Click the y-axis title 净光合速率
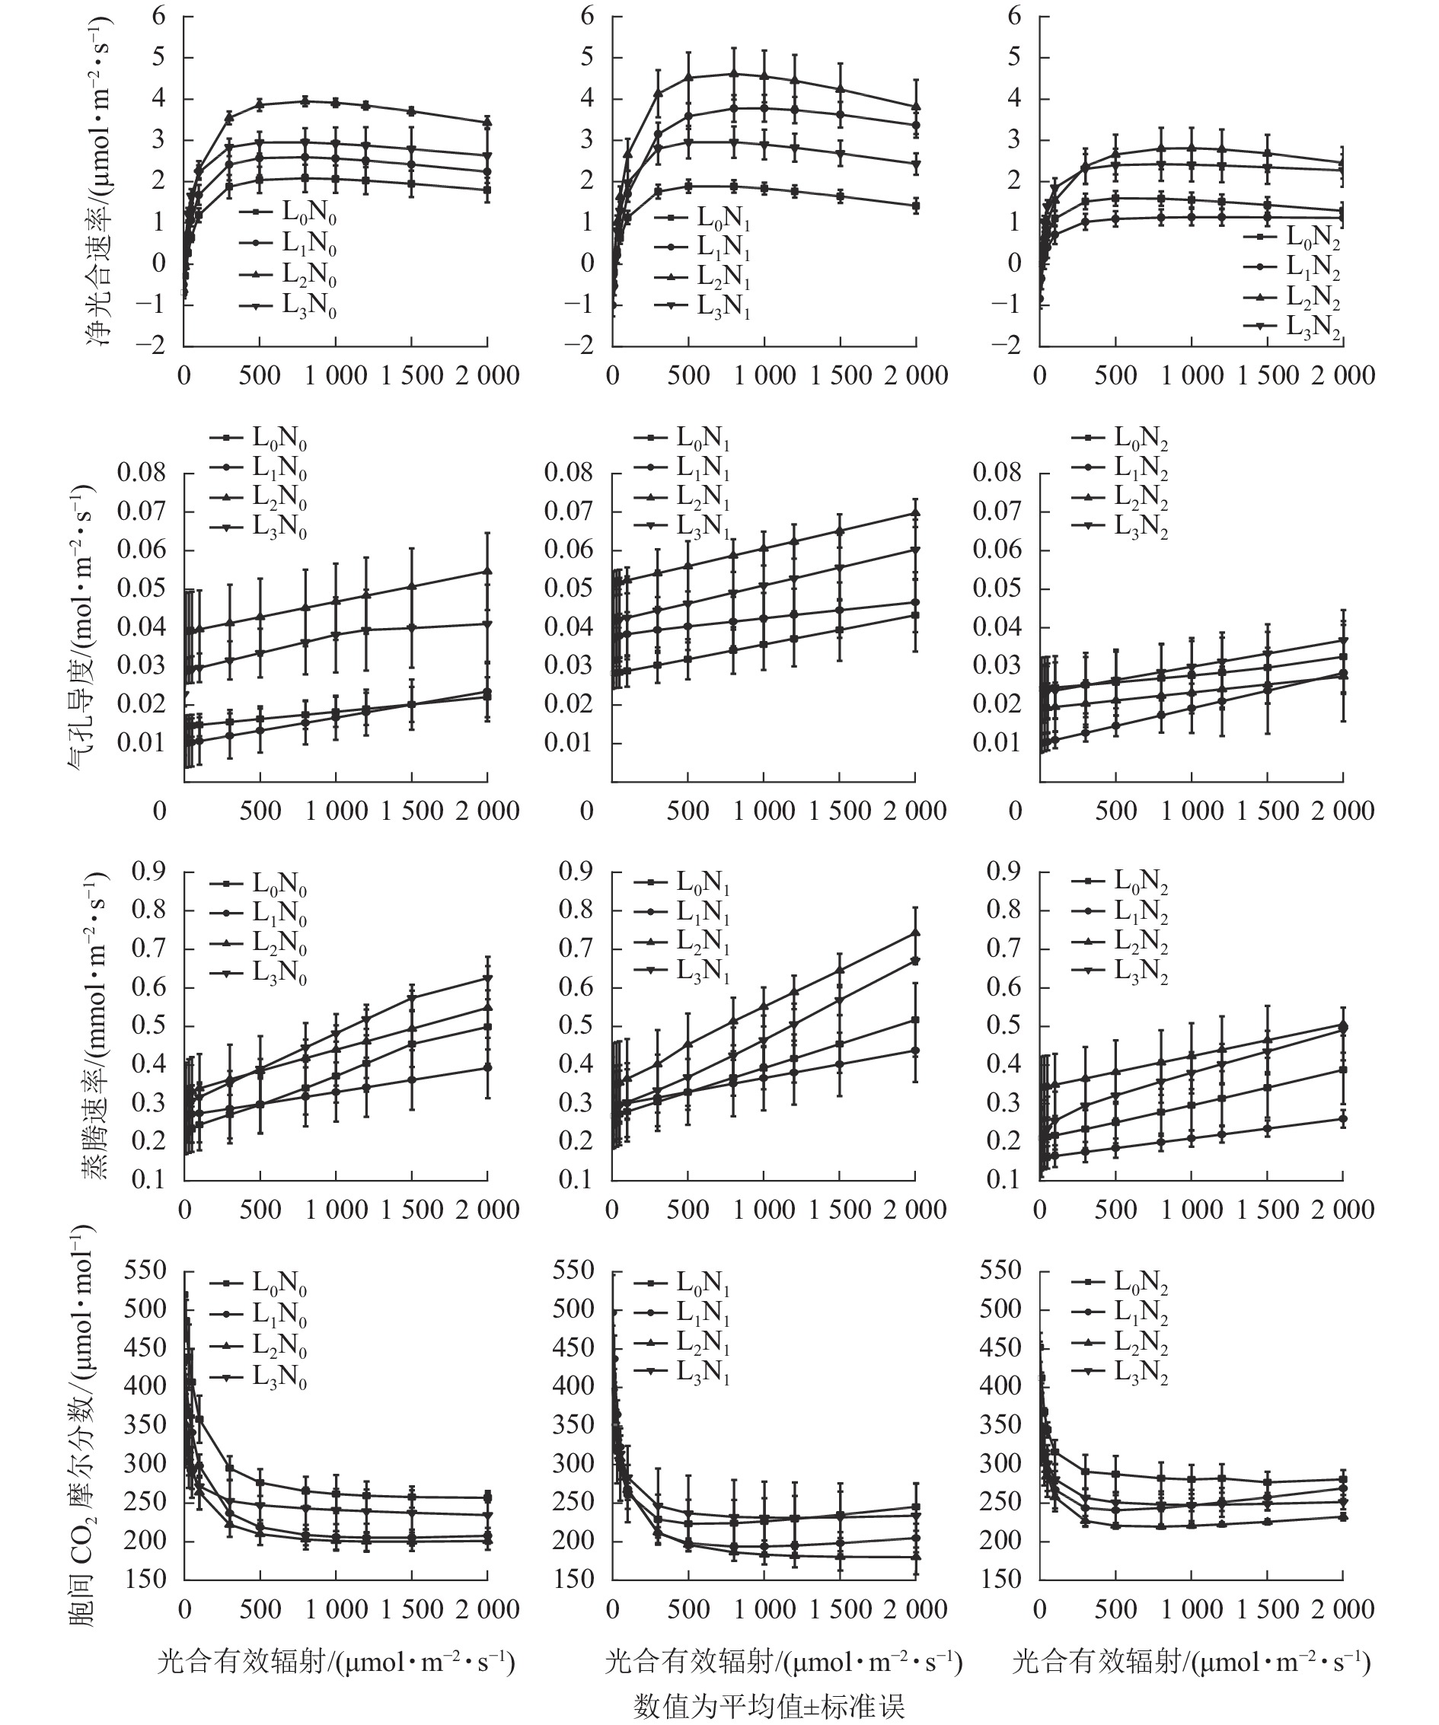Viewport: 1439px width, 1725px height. (x=101, y=183)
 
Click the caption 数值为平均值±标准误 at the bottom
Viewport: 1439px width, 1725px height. (x=769, y=1706)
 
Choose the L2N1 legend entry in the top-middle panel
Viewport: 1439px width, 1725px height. (x=723, y=277)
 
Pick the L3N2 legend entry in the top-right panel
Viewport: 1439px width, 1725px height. (x=1313, y=327)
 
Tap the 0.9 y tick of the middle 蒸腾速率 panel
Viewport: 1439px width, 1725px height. (x=575, y=871)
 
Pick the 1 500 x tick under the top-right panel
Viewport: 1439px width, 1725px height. (x=1268, y=375)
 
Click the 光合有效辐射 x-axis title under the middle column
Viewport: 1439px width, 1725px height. (x=783, y=1662)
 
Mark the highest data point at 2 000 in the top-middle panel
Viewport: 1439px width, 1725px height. (x=916, y=106)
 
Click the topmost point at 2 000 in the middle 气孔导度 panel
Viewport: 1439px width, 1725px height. (x=916, y=512)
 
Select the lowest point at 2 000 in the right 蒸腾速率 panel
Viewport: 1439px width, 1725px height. (x=1344, y=1119)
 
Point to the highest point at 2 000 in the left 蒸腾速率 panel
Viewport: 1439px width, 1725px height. (x=488, y=978)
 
